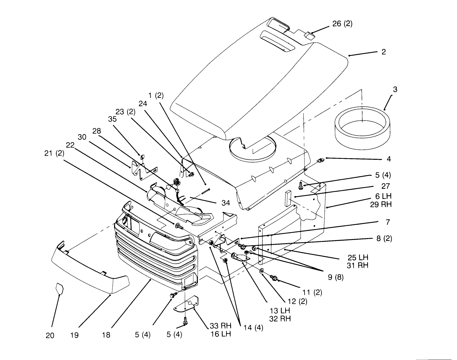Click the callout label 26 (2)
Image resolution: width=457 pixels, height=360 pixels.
342,24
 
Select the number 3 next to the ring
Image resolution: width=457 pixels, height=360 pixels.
395,90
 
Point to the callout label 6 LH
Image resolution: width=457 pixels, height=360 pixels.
384,196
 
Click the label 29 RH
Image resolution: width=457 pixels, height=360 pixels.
381,204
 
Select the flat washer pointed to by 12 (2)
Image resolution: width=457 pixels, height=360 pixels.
262,271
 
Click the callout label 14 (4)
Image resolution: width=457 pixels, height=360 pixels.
253,328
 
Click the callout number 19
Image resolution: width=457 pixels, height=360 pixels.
75,335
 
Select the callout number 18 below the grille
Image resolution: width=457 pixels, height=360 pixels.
106,335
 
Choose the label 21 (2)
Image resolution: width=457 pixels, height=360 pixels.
54,153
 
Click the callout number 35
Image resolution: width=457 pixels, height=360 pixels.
112,119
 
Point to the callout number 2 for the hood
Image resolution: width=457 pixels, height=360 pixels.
383,52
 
